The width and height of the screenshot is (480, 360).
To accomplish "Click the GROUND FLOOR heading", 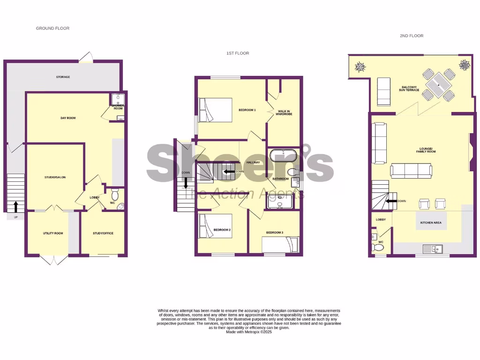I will [52, 29].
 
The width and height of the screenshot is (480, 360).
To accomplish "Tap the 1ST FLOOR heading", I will [238, 53].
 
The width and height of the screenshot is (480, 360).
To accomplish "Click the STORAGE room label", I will [63, 77].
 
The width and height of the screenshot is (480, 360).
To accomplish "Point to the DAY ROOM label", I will [68, 118].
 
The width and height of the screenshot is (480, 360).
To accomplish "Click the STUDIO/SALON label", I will [54, 177].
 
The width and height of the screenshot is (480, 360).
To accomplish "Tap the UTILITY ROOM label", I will [53, 233].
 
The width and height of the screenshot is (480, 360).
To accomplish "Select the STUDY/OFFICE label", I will [103, 233].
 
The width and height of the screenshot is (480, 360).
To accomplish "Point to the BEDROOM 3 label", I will [275, 232].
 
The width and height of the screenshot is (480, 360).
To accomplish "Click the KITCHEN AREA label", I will [431, 222].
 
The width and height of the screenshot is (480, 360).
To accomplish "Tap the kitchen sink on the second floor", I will [434, 248].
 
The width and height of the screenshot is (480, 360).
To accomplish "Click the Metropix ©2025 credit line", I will [249, 332].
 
